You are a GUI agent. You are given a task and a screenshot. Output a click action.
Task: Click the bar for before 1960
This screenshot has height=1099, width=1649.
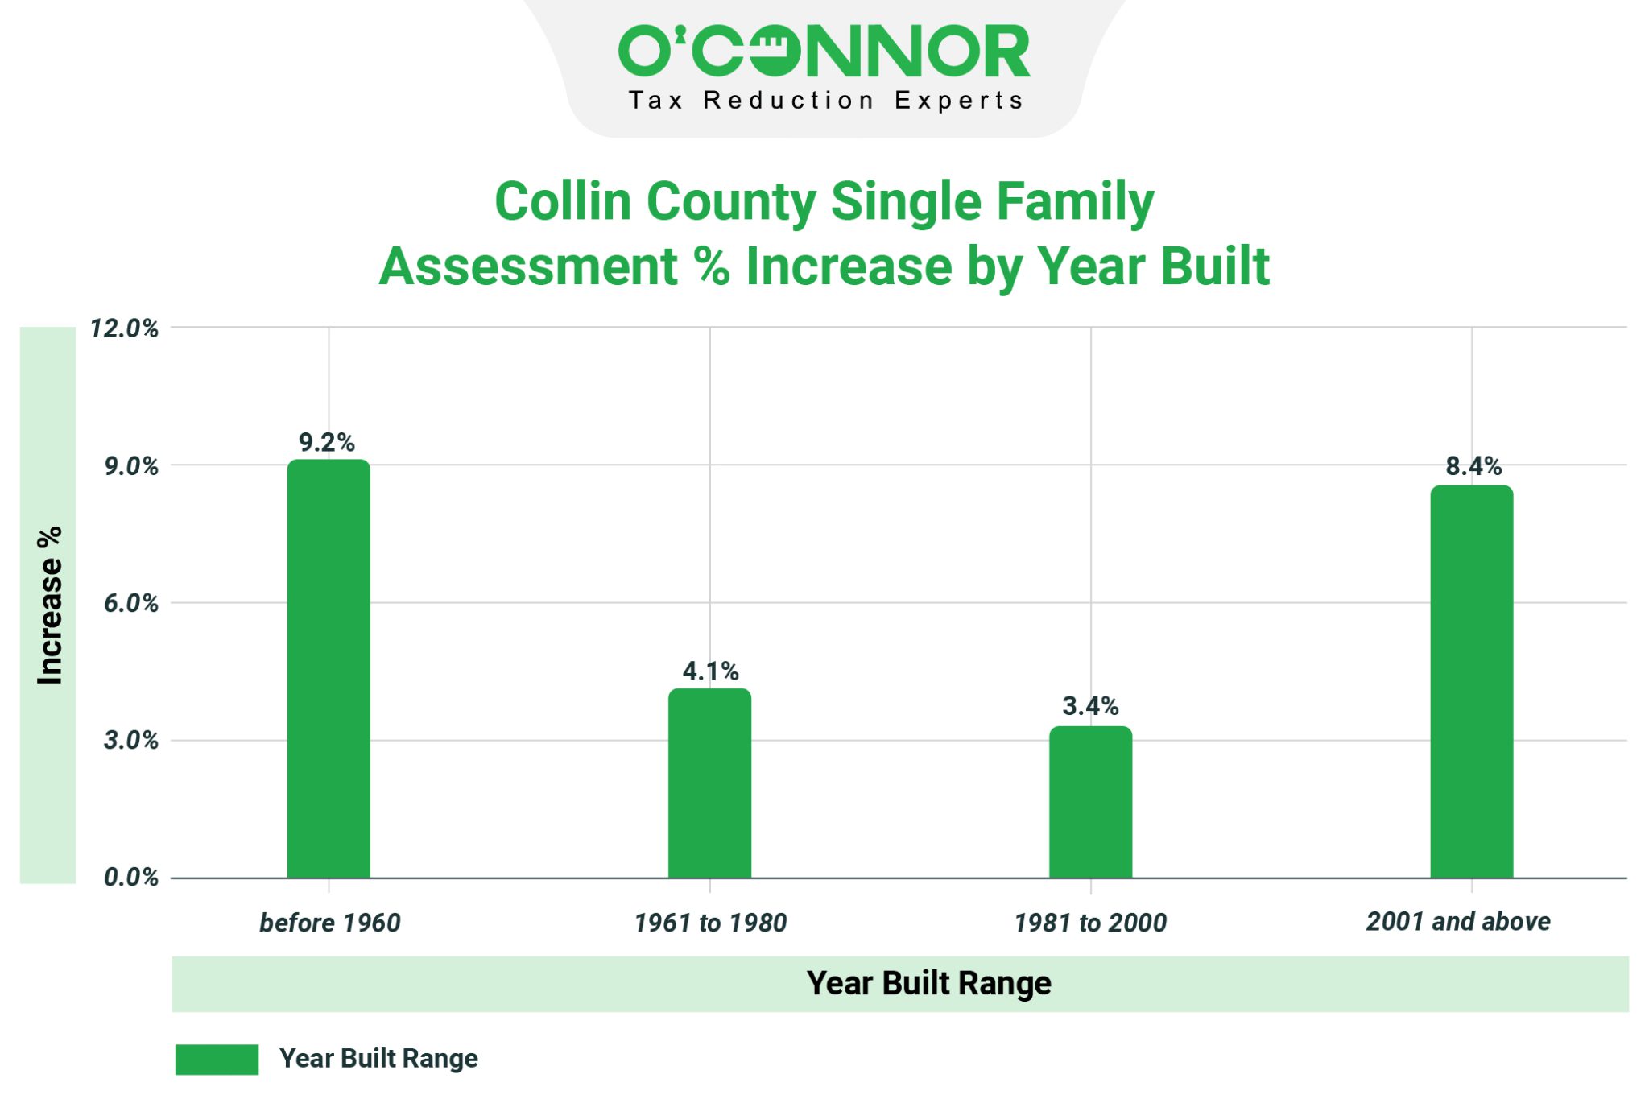pos(329,668)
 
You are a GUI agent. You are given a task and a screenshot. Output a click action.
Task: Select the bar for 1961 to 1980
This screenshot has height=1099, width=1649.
pos(709,783)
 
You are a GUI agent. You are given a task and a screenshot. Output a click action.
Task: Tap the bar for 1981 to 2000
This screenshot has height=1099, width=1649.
pos(1090,802)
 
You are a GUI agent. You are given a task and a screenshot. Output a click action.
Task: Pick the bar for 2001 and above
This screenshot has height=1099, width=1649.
pos(1471,681)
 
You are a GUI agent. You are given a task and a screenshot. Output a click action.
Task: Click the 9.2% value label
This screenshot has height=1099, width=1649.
pos(326,442)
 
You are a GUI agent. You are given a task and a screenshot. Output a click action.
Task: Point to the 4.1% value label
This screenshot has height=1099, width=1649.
pos(710,671)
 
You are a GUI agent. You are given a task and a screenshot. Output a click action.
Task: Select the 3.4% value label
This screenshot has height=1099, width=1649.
pos(1090,706)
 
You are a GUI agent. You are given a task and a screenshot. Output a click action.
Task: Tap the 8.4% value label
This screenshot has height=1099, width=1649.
pos(1473,466)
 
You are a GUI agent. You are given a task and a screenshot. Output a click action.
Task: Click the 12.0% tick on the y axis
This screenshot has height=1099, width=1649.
pos(124,328)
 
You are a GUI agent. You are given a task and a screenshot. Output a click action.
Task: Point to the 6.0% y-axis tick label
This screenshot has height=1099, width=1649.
pos(130,603)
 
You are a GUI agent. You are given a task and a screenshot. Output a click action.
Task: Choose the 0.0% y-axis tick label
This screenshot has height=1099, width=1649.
pos(130,878)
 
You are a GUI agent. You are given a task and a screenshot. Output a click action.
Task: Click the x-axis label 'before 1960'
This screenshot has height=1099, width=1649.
pos(329,923)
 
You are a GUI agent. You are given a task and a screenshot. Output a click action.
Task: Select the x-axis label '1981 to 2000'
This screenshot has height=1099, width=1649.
pos(1090,923)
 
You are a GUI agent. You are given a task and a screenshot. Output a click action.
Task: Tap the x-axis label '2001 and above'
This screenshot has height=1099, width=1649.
pos(1458,921)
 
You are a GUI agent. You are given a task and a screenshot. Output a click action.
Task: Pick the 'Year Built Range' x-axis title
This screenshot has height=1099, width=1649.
pos(928,983)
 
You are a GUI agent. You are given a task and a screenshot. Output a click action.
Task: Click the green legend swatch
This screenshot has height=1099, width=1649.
pos(217,1059)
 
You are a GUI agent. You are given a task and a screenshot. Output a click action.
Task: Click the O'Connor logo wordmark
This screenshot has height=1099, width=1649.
pos(824,51)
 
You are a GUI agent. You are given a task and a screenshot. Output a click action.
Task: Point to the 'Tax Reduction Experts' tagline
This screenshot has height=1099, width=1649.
pos(824,101)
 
